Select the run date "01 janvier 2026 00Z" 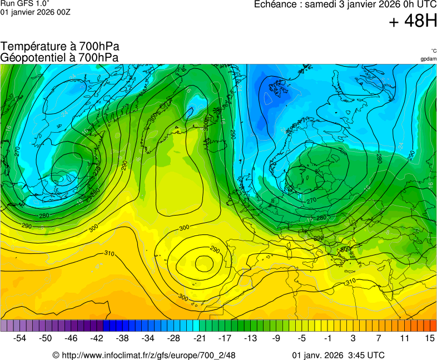point(35,12)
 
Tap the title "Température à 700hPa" point(60,47)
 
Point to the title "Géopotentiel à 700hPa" point(59,57)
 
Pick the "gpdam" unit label point(428,59)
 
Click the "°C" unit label point(433,51)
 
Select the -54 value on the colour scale point(20,338)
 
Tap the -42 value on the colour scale point(97,338)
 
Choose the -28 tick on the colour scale point(173,338)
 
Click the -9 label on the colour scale point(276,338)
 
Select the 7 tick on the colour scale point(379,338)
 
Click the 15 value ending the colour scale point(429,338)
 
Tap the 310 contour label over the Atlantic point(110,253)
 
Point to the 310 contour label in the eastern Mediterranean point(350,282)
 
